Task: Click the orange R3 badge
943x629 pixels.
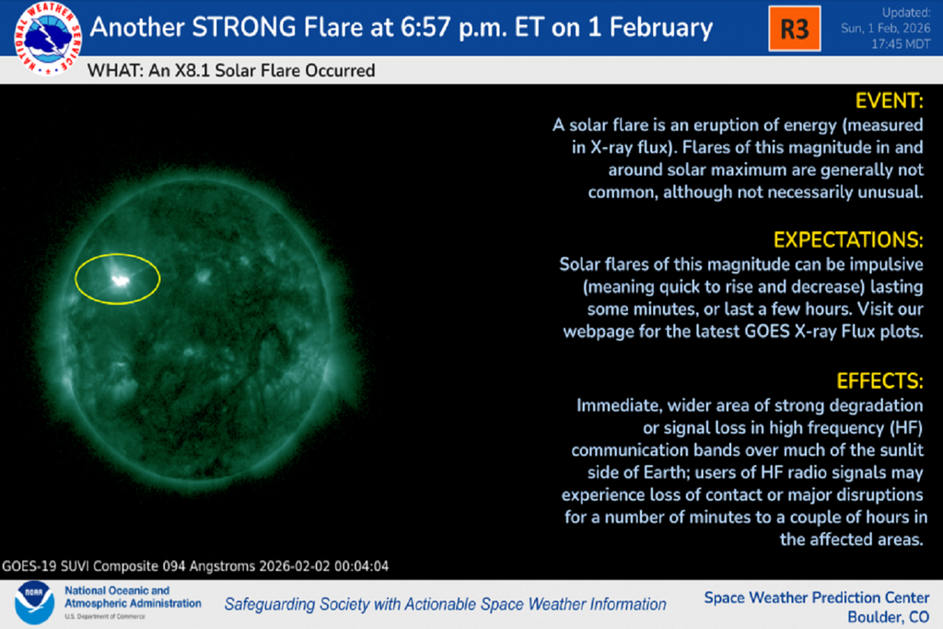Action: [x=794, y=29]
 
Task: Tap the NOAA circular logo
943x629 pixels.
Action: [x=33, y=603]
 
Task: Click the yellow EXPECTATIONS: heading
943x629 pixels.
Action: [x=847, y=240]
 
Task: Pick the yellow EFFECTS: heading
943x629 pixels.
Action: [x=879, y=380]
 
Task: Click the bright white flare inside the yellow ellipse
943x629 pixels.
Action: [x=120, y=279]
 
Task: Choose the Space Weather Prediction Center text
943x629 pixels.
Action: [x=818, y=598]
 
